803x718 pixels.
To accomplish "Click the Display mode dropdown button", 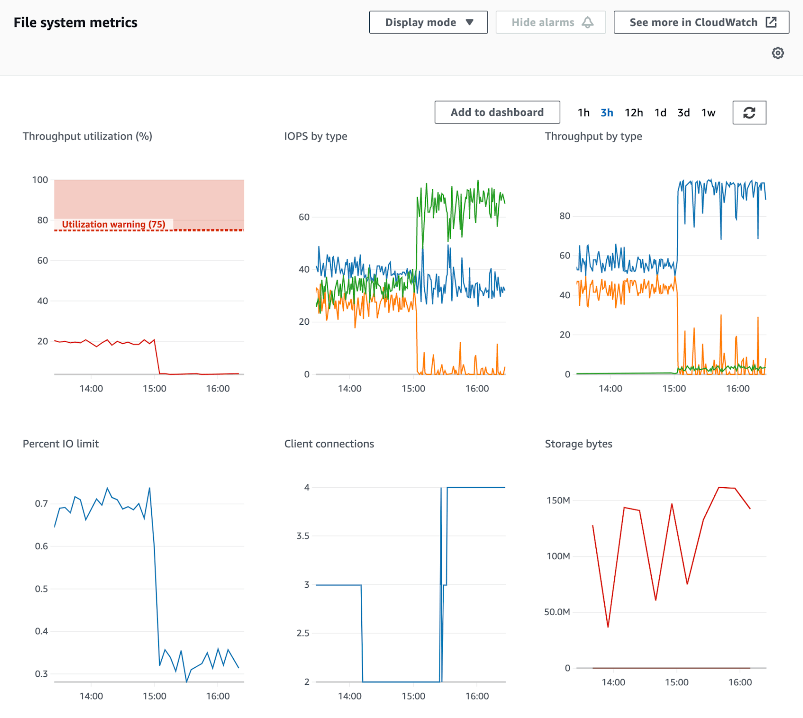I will [428, 22].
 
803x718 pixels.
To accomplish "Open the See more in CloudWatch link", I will [701, 22].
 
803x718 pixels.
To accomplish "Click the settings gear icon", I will [777, 53].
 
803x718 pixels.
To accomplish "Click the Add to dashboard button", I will [497, 112].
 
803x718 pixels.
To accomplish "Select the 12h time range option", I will [633, 113].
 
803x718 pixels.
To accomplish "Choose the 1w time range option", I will [708, 113].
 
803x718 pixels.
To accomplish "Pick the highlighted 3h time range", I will [606, 113].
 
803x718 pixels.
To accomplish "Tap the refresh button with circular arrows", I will [749, 113].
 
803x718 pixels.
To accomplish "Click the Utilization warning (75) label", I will [113, 224].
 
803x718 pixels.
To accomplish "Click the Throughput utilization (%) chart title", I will [87, 136].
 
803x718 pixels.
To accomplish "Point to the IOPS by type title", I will [315, 136].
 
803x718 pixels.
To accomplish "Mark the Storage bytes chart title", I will [578, 444].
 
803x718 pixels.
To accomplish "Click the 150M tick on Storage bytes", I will [558, 500].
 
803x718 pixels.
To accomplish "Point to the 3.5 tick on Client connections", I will [302, 536].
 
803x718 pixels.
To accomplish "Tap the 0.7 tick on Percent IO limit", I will [41, 503].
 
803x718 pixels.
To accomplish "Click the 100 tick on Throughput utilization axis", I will [40, 180].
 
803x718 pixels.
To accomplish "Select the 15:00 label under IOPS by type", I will [413, 389].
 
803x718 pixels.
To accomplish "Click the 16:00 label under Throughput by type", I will [738, 389].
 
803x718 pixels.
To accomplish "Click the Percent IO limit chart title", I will [61, 444].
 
